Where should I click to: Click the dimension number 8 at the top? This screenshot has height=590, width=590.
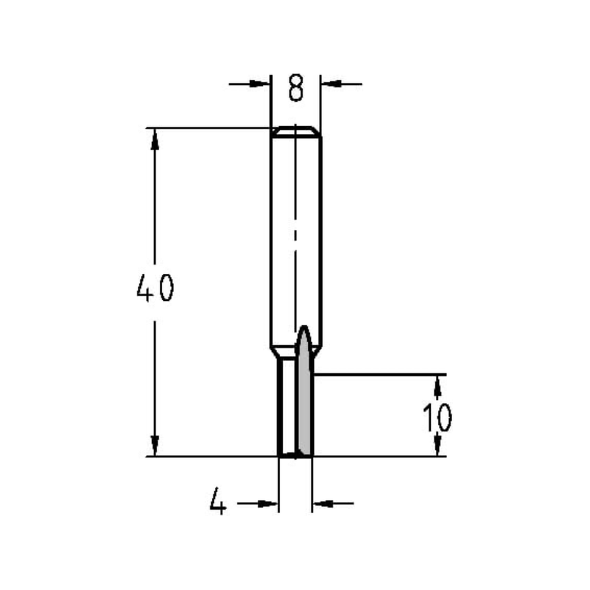(296, 88)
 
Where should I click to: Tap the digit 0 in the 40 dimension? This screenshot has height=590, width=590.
(166, 289)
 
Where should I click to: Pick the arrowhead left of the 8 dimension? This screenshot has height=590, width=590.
(260, 84)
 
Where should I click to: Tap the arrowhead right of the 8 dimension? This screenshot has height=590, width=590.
(331, 84)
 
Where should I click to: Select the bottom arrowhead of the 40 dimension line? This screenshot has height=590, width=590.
(155, 446)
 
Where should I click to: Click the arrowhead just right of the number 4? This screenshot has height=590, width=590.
(268, 503)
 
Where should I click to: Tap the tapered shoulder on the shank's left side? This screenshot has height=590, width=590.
(274, 352)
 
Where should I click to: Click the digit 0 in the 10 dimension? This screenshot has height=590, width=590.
(444, 418)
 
